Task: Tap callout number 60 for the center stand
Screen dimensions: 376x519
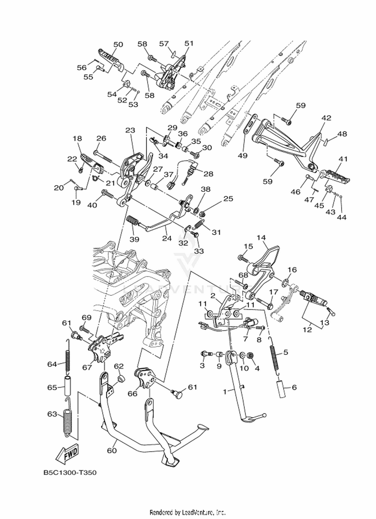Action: tap(112, 450)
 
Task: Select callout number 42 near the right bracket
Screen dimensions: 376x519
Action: tap(326, 118)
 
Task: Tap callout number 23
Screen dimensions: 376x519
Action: tap(130, 130)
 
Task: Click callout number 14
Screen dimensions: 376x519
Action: tap(261, 237)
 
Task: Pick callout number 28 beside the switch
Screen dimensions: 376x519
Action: tap(208, 174)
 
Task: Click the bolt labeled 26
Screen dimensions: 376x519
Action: tap(103, 156)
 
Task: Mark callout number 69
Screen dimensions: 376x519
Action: tap(87, 317)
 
